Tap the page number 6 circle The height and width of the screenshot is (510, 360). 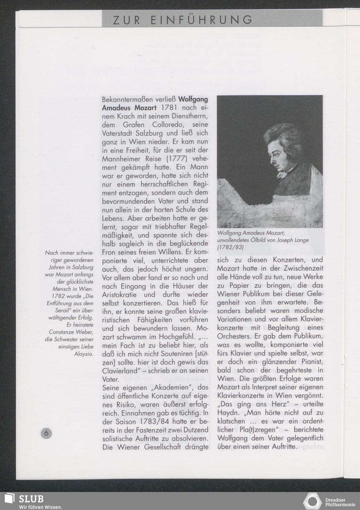click(x=46, y=433)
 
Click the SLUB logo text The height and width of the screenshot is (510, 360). click(x=31, y=498)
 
